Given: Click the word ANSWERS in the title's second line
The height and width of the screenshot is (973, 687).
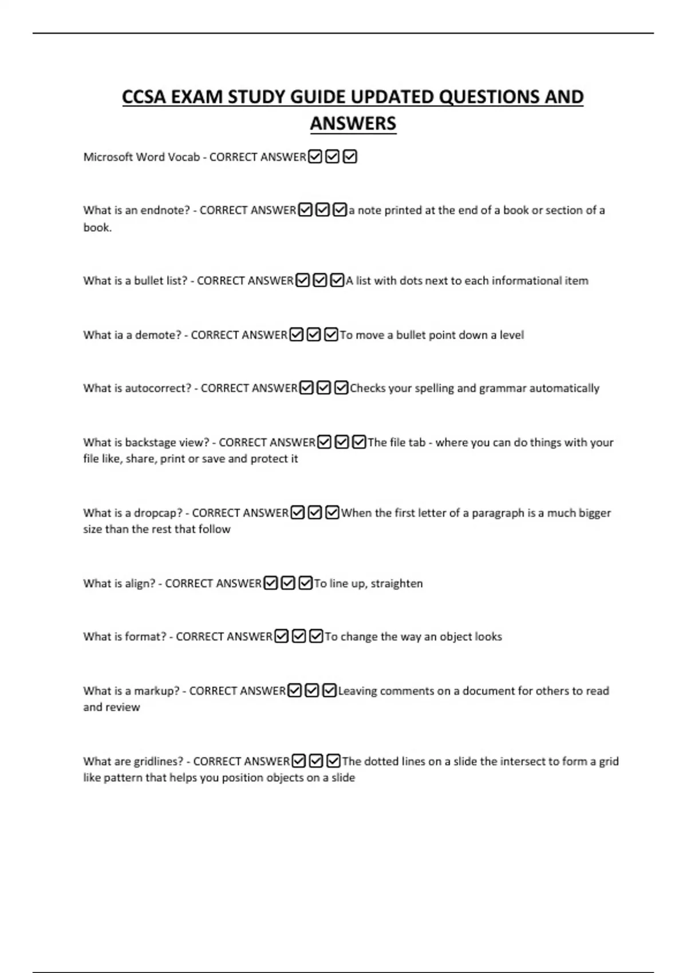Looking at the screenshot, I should tap(353, 124).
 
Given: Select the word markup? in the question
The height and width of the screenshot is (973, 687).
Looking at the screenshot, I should tap(157, 691).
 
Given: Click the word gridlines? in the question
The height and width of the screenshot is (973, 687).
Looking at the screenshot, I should tap(159, 761).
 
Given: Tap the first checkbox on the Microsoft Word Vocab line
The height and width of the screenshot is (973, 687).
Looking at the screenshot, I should tap(315, 157).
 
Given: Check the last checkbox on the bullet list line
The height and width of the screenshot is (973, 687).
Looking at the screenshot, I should tap(337, 280).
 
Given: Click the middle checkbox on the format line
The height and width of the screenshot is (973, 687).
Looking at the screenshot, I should tap(299, 636).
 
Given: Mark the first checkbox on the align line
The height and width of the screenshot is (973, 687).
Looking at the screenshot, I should tap(271, 583).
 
